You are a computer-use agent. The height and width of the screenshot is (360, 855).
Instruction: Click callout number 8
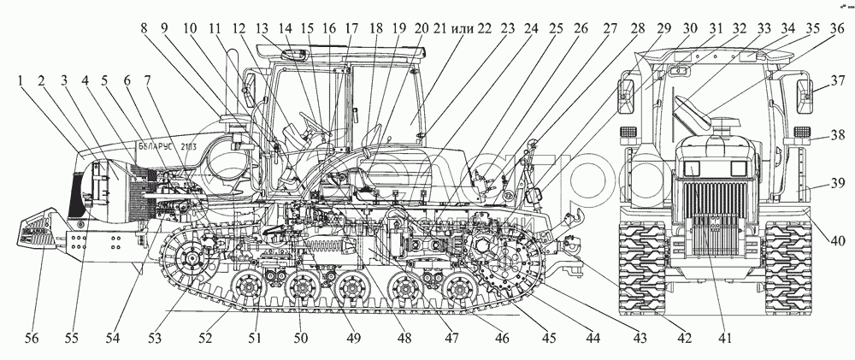click(147, 27)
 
